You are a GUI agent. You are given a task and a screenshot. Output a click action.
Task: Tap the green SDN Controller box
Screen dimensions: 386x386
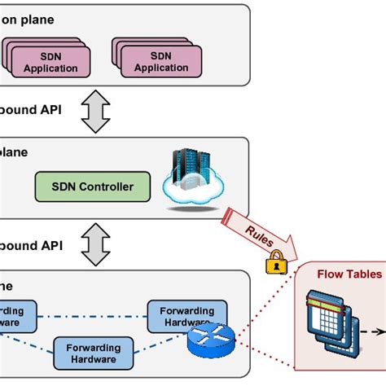coord(94,186)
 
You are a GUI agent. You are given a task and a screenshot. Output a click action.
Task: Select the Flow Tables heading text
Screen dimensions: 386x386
coord(349,274)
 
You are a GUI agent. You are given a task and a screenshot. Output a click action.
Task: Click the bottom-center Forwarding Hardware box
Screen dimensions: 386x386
coord(92,353)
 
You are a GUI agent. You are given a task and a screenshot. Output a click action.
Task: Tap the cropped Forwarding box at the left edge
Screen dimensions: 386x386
coord(16,317)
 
